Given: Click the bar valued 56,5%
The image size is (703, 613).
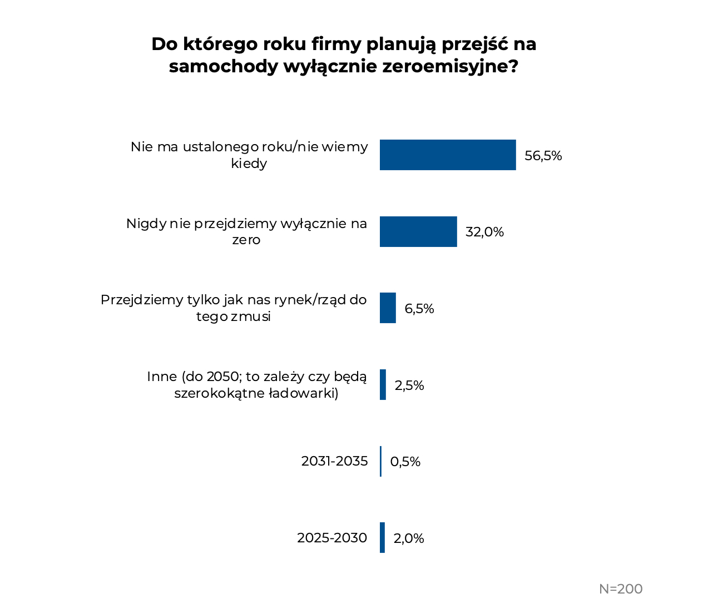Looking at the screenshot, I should (448, 155).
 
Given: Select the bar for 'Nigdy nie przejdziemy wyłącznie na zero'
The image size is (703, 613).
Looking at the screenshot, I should (418, 231).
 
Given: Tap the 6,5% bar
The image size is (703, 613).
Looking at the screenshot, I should (388, 308).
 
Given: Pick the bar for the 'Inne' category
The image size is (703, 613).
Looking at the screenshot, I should (383, 384).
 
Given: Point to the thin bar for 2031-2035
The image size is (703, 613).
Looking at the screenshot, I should (380, 461).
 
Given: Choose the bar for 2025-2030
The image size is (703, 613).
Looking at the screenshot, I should (382, 537).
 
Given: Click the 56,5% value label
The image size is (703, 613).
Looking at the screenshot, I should (543, 156).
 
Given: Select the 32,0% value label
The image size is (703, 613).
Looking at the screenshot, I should (484, 232).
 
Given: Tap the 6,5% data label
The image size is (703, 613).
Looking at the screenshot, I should (419, 309).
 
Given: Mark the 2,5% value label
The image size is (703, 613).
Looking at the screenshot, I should (409, 385).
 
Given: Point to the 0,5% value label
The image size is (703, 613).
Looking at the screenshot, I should (405, 462).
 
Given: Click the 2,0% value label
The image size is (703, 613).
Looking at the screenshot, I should (408, 538).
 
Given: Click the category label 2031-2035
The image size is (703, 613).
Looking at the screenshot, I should (334, 461).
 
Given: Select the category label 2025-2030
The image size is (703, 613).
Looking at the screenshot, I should (332, 538).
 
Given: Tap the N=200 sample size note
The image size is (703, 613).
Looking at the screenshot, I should (620, 589).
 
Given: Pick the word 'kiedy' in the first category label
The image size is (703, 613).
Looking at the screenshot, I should (249, 164).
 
